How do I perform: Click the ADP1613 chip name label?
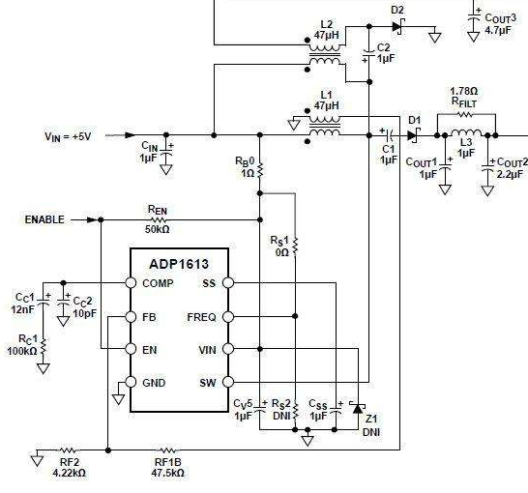[179, 264]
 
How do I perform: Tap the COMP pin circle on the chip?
[131, 282]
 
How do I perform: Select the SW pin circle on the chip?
[228, 382]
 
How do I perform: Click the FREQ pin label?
[201, 317]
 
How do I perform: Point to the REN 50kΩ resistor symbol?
[159, 219]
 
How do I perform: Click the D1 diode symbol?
[413, 135]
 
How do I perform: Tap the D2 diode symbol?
[398, 26]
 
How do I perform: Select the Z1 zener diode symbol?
[358, 408]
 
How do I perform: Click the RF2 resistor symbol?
[68, 449]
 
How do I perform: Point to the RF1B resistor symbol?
[167, 449]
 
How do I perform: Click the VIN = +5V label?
[68, 136]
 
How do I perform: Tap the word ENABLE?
[44, 219]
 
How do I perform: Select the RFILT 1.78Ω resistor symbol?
[465, 114]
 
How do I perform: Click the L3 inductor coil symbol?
[466, 132]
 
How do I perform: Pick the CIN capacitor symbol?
[166, 153]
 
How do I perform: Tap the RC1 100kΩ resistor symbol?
[44, 347]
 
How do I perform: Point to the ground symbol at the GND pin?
[119, 399]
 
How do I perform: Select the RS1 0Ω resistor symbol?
[295, 246]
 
